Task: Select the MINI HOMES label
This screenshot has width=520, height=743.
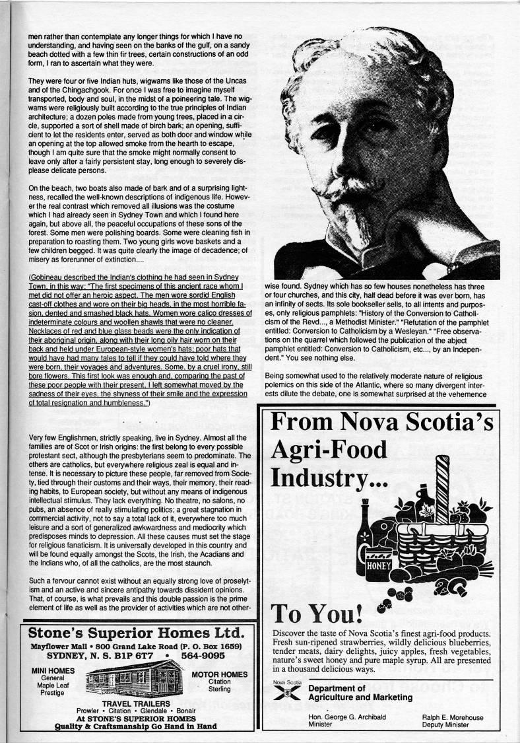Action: click(52, 671)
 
